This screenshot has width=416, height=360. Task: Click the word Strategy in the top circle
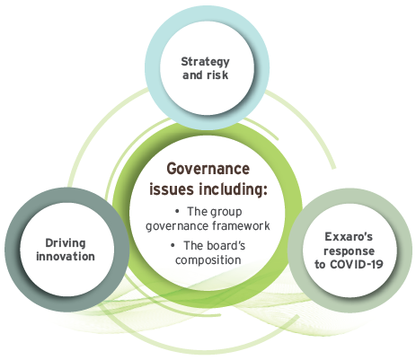click(205, 62)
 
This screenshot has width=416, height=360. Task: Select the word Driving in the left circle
click(66, 243)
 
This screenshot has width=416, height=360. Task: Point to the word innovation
click(66, 257)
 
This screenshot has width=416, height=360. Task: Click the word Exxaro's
click(349, 237)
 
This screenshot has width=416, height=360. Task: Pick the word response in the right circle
click(349, 251)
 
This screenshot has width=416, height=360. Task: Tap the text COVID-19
click(357, 264)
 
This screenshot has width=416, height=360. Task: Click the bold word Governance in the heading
click(208, 169)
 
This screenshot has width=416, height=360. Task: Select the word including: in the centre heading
click(233, 189)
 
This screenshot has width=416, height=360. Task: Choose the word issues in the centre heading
click(173, 189)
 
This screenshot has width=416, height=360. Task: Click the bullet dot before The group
click(177, 212)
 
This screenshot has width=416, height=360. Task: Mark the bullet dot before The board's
click(173, 246)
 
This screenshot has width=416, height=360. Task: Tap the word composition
click(208, 260)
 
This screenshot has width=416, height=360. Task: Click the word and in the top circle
click(192, 75)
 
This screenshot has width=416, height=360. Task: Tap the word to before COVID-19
click(320, 265)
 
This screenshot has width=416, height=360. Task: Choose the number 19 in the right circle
click(376, 264)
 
